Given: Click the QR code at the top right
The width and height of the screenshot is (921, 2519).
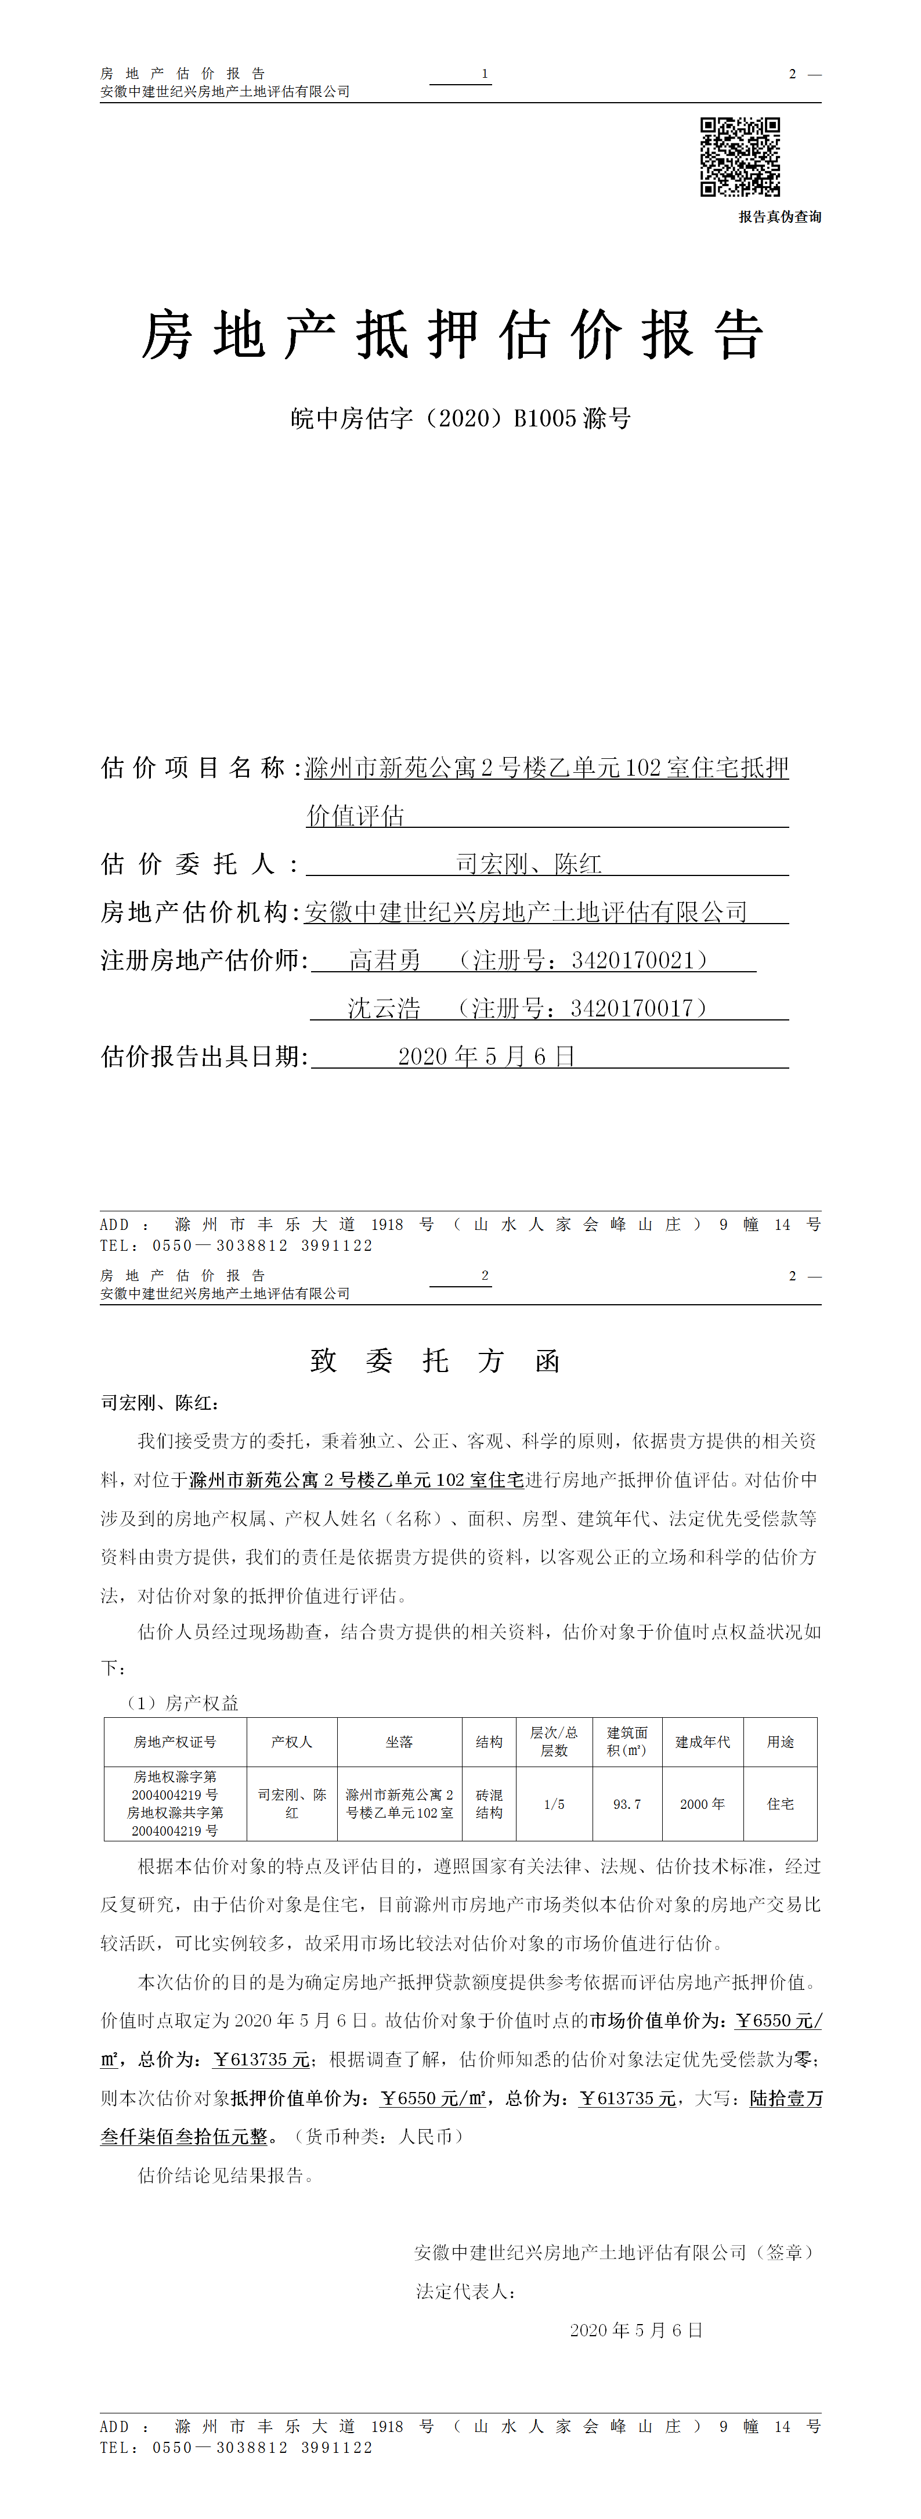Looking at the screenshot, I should [740, 157].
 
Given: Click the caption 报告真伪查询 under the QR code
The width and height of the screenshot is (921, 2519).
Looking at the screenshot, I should [779, 217].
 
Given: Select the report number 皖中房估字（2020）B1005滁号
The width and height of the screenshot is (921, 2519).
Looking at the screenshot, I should [461, 418].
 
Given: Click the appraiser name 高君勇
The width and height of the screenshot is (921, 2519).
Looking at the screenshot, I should [385, 960].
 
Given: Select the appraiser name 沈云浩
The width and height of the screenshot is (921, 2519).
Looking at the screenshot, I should [384, 1008].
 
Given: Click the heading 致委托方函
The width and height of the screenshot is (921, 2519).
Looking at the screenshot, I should [435, 1360].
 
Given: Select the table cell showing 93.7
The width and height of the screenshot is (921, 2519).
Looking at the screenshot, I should [627, 1804].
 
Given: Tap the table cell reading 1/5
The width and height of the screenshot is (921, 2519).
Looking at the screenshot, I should [554, 1804].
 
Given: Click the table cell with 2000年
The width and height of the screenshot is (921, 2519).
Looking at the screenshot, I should [702, 1804].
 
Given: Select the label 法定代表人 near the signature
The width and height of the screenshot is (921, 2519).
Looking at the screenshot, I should [464, 2291].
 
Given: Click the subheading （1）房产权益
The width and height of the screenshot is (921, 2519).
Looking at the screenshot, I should [182, 1703].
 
